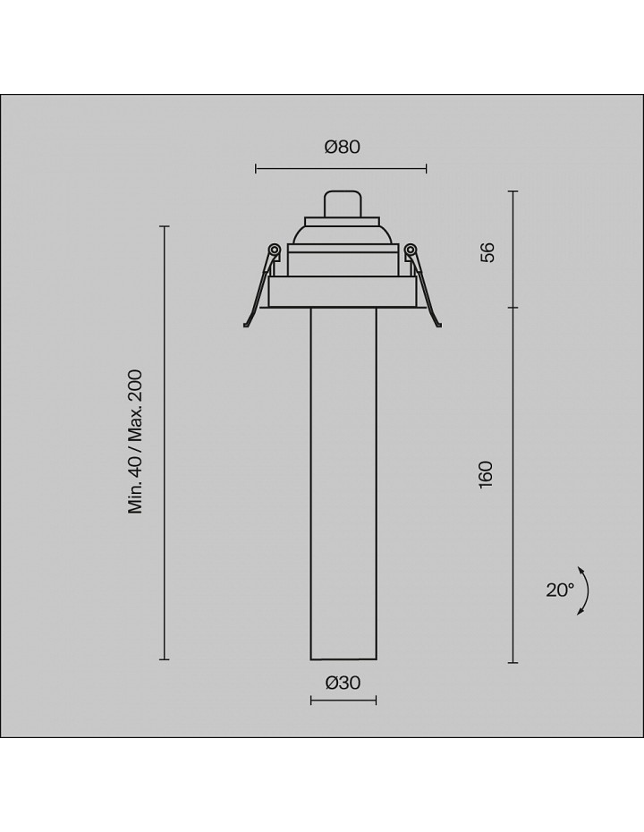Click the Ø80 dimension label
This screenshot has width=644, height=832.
click(x=343, y=147)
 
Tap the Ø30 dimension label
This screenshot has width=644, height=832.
click(x=343, y=683)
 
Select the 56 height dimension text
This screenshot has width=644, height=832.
click(x=487, y=252)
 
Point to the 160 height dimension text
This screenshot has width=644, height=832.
click(x=486, y=475)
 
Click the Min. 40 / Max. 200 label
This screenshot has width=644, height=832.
click(x=136, y=441)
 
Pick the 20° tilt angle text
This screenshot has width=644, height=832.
click(x=560, y=590)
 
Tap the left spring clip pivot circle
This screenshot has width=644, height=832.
click(x=275, y=250)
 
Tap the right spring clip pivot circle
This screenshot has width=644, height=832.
click(x=410, y=250)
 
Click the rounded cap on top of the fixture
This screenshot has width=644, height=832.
click(x=343, y=204)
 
